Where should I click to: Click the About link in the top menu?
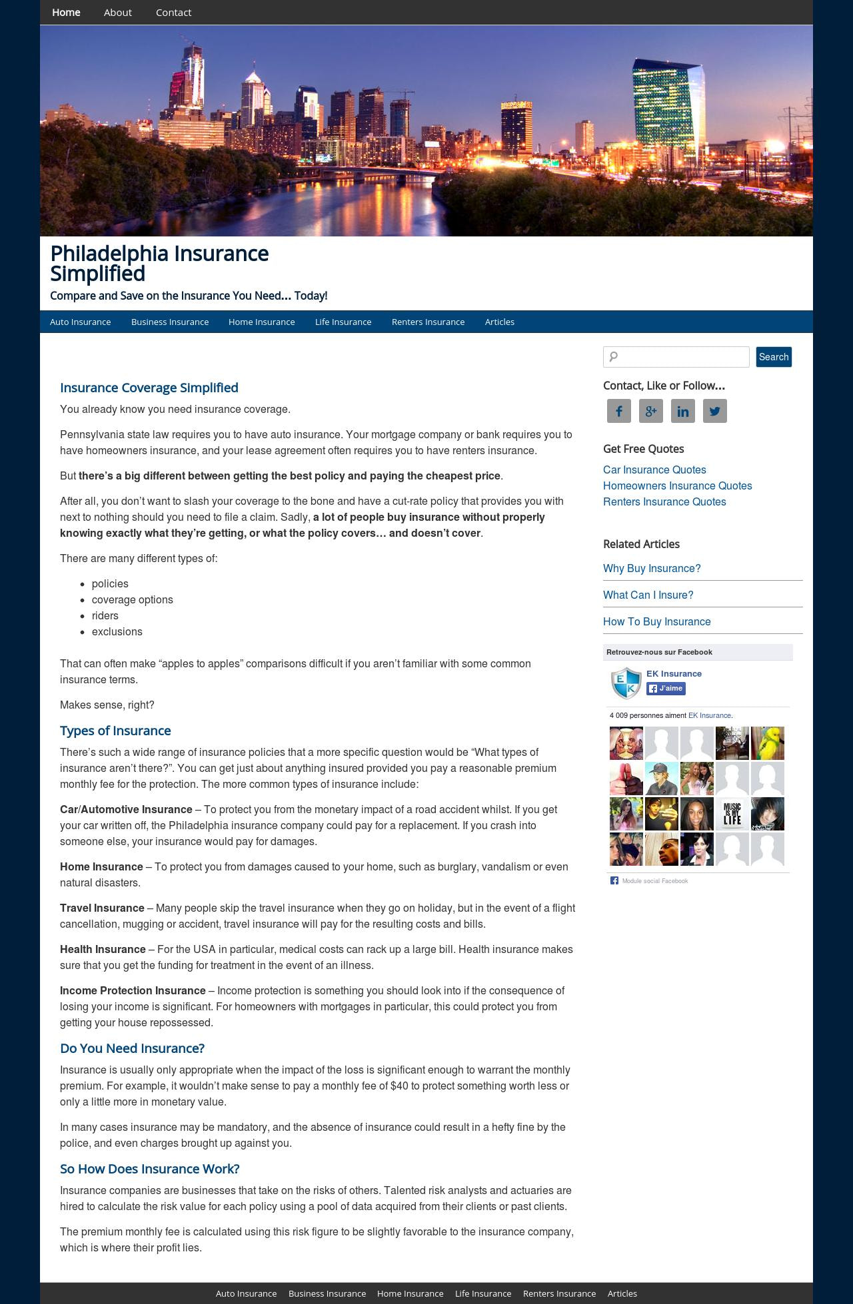click(117, 13)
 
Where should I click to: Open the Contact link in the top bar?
click(173, 13)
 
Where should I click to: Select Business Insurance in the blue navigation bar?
click(170, 322)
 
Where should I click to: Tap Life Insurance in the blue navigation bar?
click(343, 322)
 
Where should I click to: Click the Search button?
click(773, 357)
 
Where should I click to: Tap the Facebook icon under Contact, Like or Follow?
click(619, 411)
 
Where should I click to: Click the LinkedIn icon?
click(683, 411)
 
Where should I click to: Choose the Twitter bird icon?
click(715, 411)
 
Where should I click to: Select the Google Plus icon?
click(651, 411)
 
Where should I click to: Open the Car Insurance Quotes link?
click(654, 470)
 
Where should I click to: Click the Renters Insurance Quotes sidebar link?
click(664, 501)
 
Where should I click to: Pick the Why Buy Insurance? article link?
click(652, 568)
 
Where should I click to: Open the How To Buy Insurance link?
click(657, 621)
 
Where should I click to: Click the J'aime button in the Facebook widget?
click(666, 689)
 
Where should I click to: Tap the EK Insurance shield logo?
click(626, 683)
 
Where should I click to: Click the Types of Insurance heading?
click(115, 731)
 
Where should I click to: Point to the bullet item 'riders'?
click(105, 615)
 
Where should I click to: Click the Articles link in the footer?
click(622, 1293)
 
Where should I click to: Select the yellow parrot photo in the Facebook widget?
click(768, 743)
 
